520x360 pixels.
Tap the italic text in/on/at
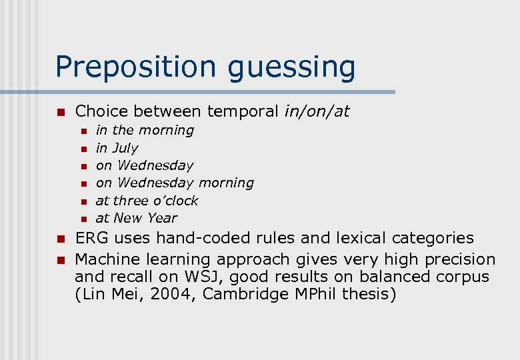[317, 111]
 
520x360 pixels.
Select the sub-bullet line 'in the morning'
[145, 130]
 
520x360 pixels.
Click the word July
[125, 148]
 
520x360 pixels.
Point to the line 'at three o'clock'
[147, 200]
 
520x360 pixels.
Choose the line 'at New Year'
[136, 217]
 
